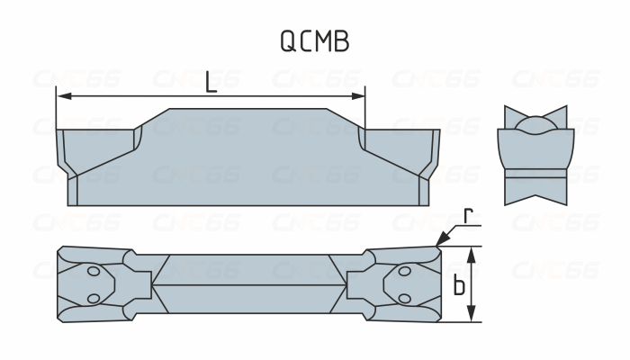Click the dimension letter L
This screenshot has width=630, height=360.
211,81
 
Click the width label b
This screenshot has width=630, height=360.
459,286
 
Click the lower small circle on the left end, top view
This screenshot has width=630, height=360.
93,299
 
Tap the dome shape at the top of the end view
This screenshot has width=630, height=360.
535,123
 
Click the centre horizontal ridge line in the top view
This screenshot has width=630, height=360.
247,284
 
